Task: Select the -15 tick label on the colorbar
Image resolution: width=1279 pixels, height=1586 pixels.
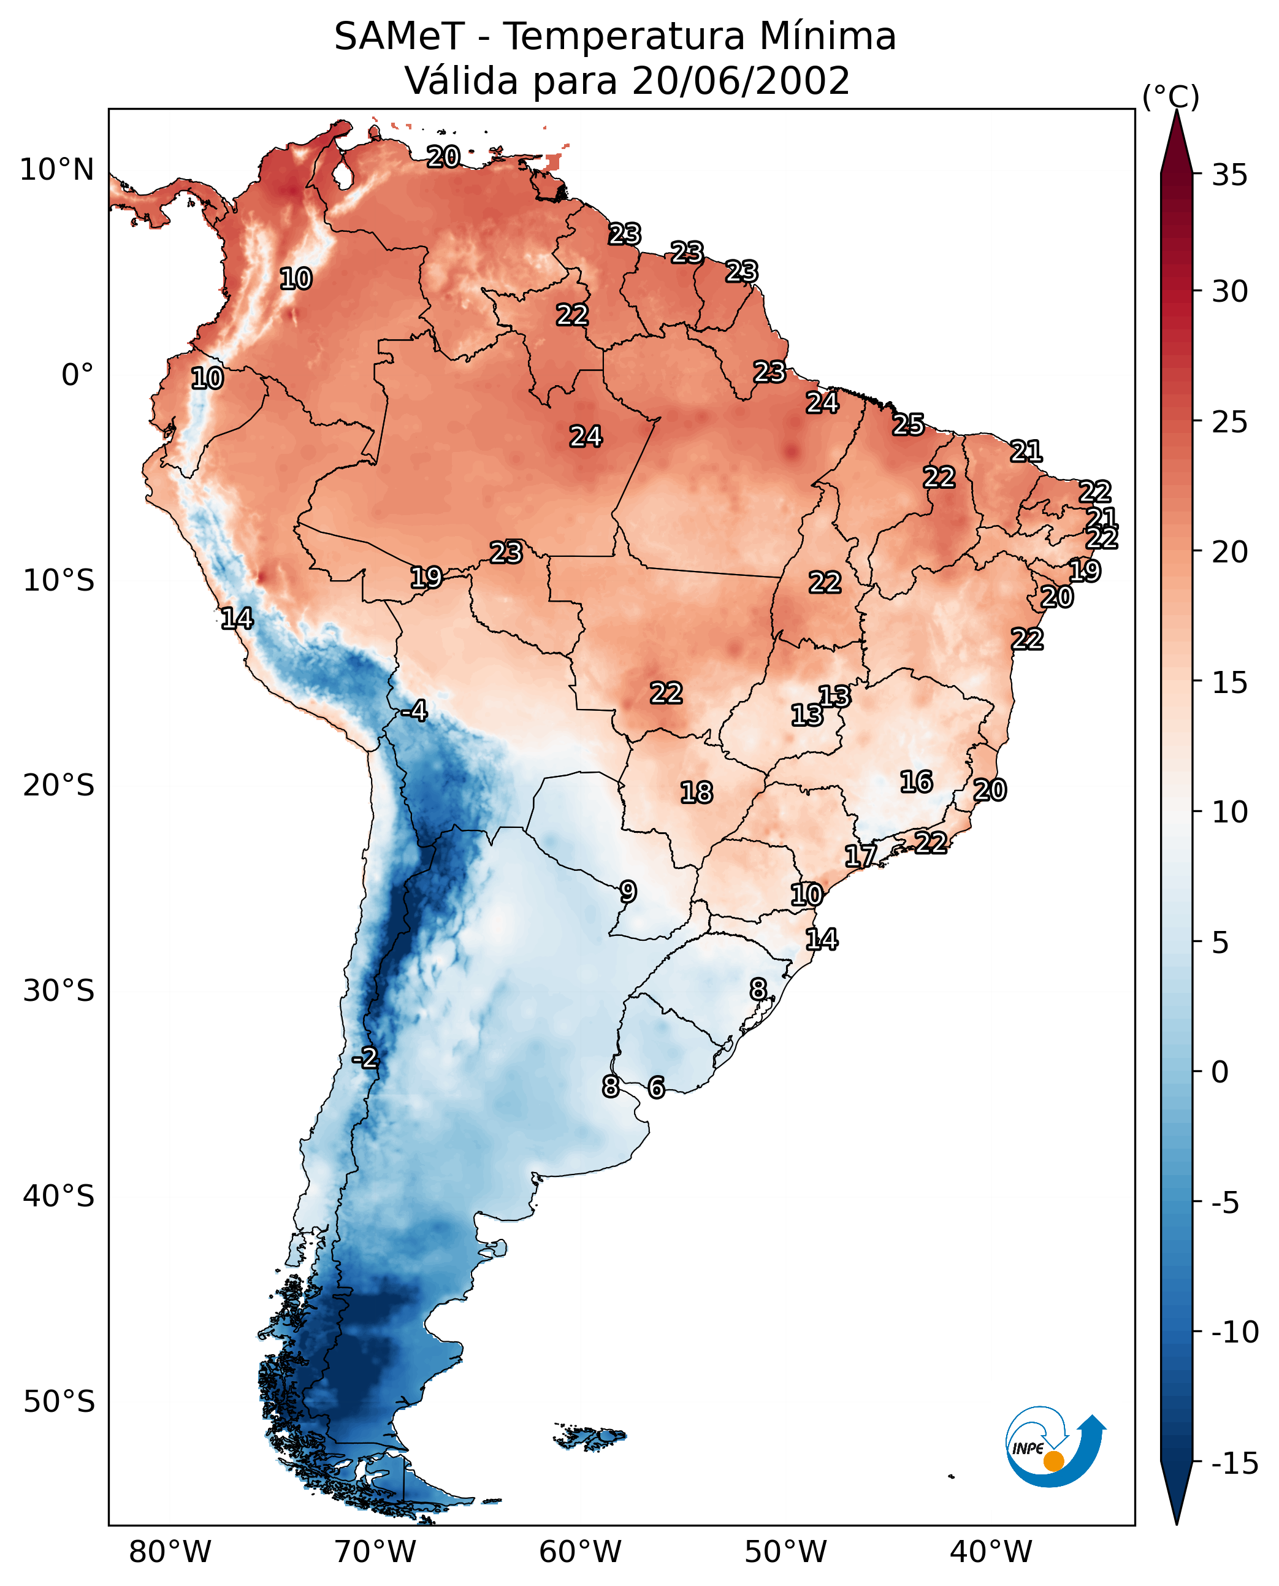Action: (1235, 1463)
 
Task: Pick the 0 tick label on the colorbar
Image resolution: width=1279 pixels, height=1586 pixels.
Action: (1220, 1071)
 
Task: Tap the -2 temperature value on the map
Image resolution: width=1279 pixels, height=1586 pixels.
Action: (365, 1059)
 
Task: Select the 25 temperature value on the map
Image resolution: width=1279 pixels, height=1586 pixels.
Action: (909, 425)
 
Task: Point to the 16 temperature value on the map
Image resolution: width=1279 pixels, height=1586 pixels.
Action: (917, 782)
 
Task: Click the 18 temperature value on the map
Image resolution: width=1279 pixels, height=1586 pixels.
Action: (697, 793)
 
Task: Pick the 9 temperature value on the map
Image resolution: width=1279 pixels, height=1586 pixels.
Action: (628, 892)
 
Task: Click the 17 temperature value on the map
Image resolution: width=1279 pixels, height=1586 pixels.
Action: (860, 856)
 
